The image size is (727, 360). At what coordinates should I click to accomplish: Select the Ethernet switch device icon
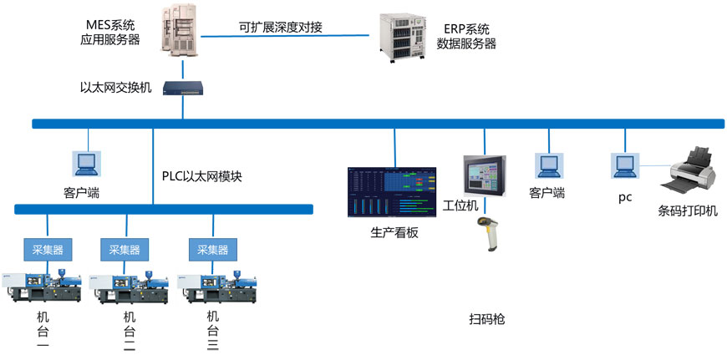coord(183,86)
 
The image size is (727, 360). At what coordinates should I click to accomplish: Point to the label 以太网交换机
coord(115,87)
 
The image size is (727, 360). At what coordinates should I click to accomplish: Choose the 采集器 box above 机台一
coord(47,248)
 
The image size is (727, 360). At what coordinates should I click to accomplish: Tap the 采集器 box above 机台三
coord(212,248)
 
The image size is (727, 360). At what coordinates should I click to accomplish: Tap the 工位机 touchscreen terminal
coord(486,176)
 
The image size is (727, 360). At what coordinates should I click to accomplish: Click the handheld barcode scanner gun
coord(488,236)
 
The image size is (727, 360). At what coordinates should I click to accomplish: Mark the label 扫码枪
coord(486,319)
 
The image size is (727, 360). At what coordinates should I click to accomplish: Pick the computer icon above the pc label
coord(624,165)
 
